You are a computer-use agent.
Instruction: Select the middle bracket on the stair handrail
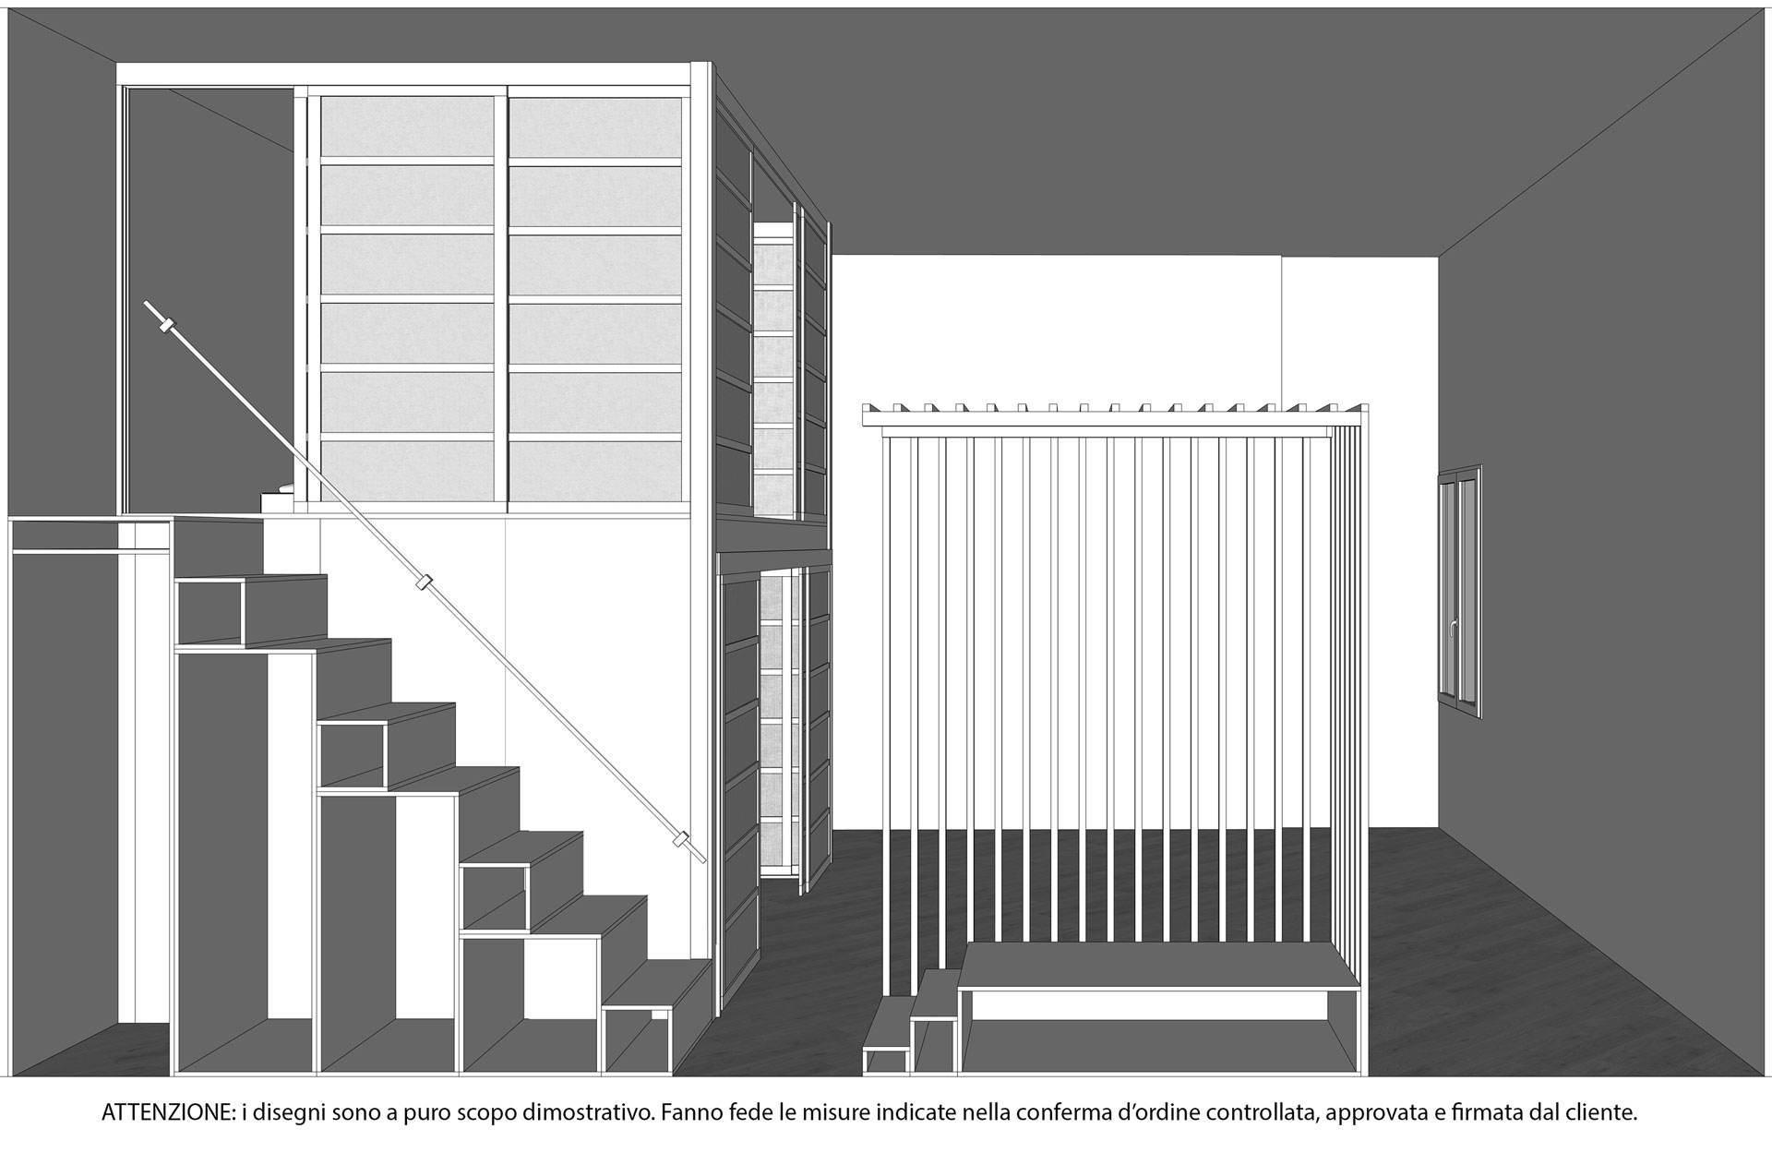[x=425, y=583]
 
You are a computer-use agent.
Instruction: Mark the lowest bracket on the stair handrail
[x=681, y=840]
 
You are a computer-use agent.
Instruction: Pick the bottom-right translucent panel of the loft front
[x=595, y=471]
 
